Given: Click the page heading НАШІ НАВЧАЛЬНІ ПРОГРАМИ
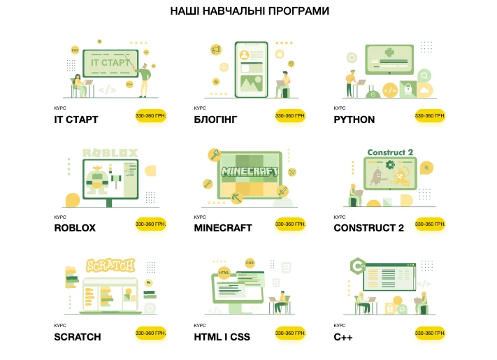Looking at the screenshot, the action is (250, 11).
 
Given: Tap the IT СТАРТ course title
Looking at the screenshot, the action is (76, 120).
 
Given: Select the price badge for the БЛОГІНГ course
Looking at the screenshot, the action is (290, 115).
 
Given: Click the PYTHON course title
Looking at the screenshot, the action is (354, 120).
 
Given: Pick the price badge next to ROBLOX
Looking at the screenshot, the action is (150, 224).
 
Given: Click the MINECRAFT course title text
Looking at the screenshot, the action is (223, 228).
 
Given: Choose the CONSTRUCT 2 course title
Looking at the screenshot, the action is (368, 228).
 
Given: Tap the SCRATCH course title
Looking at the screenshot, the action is (78, 337).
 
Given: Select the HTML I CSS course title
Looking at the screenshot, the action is (222, 337).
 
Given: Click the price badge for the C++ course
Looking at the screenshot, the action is (430, 333).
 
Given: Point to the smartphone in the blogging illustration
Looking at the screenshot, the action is (252, 69).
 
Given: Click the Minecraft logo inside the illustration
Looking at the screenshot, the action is (250, 171).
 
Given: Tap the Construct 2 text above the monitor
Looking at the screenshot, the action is (390, 152).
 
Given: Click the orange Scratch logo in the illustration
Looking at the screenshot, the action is (110, 265).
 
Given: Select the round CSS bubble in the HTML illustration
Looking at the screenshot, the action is (250, 263).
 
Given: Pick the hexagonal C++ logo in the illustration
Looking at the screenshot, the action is (358, 266).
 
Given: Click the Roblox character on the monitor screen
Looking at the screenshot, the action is (98, 180).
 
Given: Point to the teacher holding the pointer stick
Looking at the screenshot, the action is (144, 80).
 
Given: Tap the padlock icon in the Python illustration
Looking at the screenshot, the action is (408, 89).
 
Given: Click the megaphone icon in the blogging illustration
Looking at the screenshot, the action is (216, 50).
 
